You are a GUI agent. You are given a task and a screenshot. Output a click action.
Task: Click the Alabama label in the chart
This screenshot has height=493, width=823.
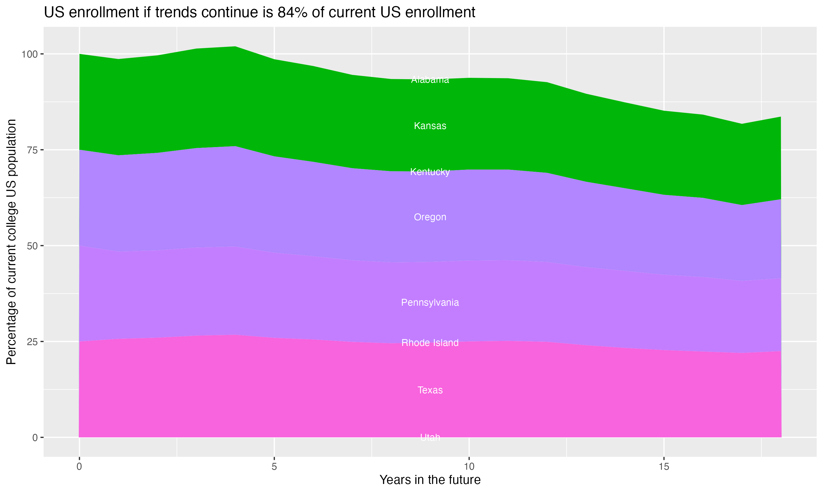(430, 80)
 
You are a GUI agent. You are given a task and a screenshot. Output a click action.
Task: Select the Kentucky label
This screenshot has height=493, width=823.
(430, 172)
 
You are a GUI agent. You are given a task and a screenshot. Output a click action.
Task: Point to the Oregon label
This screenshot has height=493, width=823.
(430, 217)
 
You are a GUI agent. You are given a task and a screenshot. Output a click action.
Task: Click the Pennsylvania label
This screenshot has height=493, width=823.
(430, 303)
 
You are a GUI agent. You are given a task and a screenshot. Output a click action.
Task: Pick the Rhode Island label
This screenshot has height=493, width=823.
(430, 343)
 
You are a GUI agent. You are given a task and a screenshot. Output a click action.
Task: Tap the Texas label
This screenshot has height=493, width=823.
(430, 390)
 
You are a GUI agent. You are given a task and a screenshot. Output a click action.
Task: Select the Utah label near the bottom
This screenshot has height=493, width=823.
(430, 437)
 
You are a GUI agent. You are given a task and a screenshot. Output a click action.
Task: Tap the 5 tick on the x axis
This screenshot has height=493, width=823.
(274, 467)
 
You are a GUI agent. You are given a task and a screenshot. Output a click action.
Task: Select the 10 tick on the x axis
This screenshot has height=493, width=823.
(469, 467)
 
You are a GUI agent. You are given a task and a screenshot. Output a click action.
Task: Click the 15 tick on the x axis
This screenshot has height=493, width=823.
(664, 467)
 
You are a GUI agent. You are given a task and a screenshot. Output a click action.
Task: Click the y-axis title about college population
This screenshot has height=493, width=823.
(11, 242)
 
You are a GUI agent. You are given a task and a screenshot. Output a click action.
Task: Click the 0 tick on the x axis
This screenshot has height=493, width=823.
(79, 467)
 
